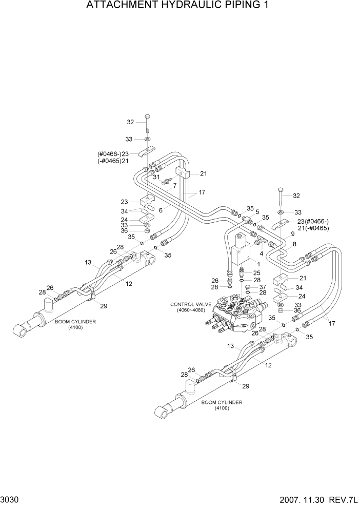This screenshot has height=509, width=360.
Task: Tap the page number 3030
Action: (10, 500)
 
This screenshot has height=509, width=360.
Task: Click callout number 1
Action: (251, 263)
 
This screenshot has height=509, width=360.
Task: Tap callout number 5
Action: (257, 211)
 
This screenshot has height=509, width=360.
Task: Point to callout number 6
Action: (161, 210)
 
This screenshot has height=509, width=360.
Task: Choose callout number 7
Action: (175, 185)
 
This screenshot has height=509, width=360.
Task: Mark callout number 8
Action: (294, 245)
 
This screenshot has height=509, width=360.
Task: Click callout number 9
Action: (292, 233)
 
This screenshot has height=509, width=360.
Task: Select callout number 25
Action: (257, 273)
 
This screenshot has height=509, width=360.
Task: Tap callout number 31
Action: (157, 177)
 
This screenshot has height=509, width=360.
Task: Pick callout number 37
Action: (262, 286)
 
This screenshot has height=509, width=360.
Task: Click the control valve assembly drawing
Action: (236, 316)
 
